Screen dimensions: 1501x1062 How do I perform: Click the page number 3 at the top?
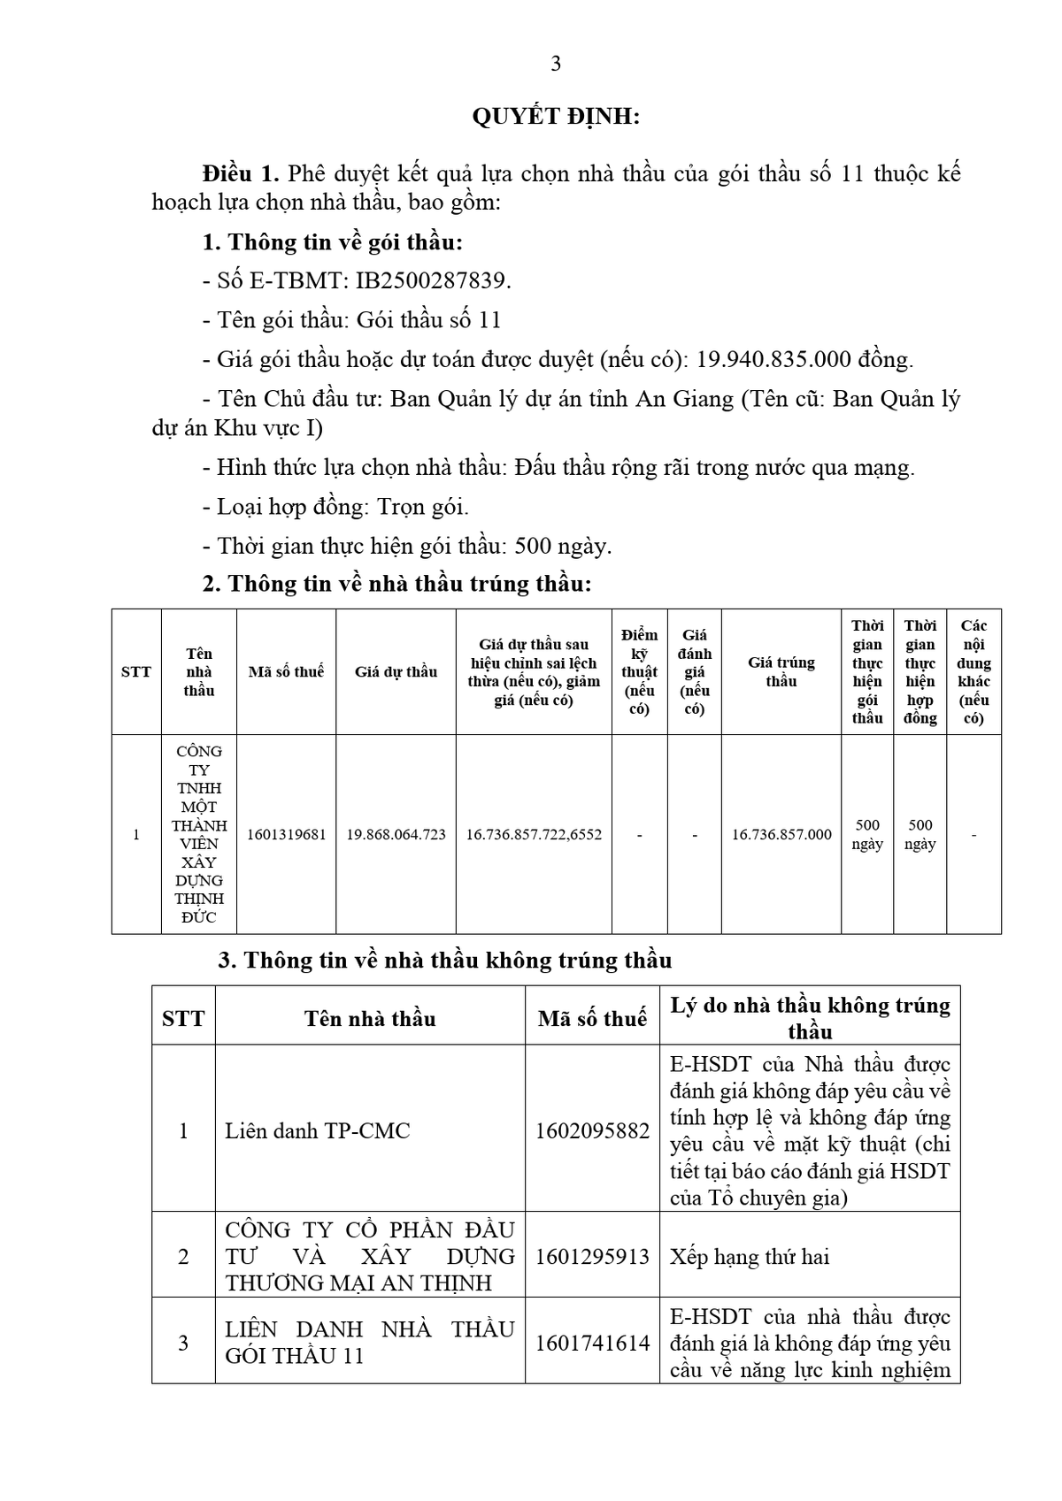click(556, 64)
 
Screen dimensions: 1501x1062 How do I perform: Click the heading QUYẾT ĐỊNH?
click(556, 117)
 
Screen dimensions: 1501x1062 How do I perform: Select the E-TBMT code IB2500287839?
click(432, 281)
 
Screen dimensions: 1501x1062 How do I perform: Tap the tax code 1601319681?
click(287, 834)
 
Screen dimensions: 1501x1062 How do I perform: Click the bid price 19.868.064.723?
click(396, 834)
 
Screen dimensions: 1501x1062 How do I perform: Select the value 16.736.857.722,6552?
click(534, 834)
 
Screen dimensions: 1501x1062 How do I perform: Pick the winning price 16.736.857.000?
click(781, 834)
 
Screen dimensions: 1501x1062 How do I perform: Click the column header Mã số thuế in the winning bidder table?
click(287, 672)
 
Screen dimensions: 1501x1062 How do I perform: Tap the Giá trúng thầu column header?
click(781, 672)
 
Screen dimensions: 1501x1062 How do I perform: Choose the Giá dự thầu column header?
click(396, 672)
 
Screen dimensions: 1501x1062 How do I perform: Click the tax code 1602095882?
click(592, 1131)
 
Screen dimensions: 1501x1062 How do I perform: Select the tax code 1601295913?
click(592, 1257)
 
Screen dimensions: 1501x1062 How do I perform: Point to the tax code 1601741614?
click(592, 1344)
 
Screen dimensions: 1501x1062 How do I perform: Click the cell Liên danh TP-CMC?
click(318, 1131)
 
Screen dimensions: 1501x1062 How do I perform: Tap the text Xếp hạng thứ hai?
click(750, 1257)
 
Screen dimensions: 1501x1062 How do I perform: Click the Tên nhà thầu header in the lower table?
click(370, 1019)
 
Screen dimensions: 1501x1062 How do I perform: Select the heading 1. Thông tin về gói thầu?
click(333, 242)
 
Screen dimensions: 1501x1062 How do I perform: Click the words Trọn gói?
click(423, 507)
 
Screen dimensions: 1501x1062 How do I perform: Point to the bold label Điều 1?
click(241, 173)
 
